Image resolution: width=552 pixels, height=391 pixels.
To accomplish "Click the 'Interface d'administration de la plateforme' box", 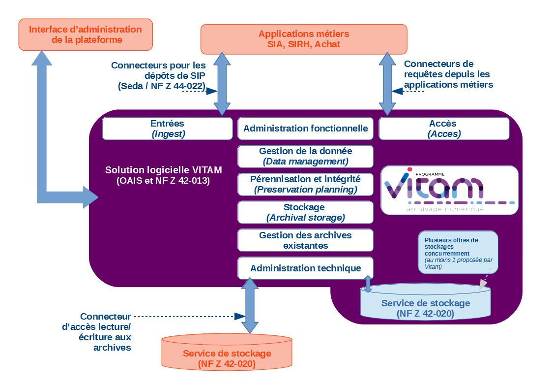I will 86,34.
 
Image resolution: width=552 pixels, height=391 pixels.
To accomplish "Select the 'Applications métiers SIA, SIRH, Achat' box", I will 304,39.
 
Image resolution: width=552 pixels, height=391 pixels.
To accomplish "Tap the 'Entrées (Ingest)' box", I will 167,129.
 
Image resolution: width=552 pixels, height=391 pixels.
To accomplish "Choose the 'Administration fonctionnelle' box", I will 305,129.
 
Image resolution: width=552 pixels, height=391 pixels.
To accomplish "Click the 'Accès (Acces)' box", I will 444,129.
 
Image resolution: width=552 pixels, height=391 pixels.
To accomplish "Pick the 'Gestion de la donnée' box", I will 305,156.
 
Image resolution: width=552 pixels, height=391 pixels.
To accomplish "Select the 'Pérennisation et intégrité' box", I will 305,184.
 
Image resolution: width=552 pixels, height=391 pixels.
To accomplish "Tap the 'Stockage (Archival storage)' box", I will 305,212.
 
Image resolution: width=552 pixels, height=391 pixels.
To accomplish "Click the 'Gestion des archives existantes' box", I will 305,240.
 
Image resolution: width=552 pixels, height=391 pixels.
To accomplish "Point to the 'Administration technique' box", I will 305,268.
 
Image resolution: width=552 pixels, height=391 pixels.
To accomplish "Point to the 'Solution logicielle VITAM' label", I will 163,175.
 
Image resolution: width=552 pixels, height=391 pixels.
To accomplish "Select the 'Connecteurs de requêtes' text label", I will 447,74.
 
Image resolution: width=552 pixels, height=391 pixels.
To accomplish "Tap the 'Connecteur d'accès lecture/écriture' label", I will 106,332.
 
